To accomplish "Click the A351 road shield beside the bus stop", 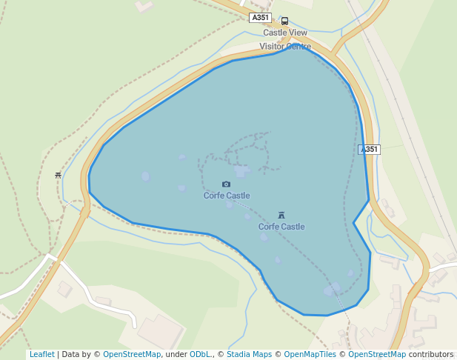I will tap(260, 18).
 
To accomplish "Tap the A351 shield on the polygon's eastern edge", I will tap(370, 149).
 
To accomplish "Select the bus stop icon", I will tap(285, 21).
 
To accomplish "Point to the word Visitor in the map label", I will tap(271, 46).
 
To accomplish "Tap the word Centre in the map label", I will tap(298, 46).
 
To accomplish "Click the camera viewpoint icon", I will tap(226, 184).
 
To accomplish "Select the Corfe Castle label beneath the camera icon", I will tap(227, 196).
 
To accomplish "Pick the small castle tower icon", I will tap(281, 215).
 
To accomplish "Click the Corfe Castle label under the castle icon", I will tap(281, 227).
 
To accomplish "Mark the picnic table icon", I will tap(58, 176).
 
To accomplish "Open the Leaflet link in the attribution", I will tap(41, 354).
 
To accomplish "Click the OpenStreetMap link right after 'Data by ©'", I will tap(132, 354).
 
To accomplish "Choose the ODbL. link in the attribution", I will tap(200, 354).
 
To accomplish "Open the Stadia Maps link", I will tap(249, 354).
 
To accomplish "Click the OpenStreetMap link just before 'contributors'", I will tap(377, 354).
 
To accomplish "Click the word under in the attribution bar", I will tap(177, 354).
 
